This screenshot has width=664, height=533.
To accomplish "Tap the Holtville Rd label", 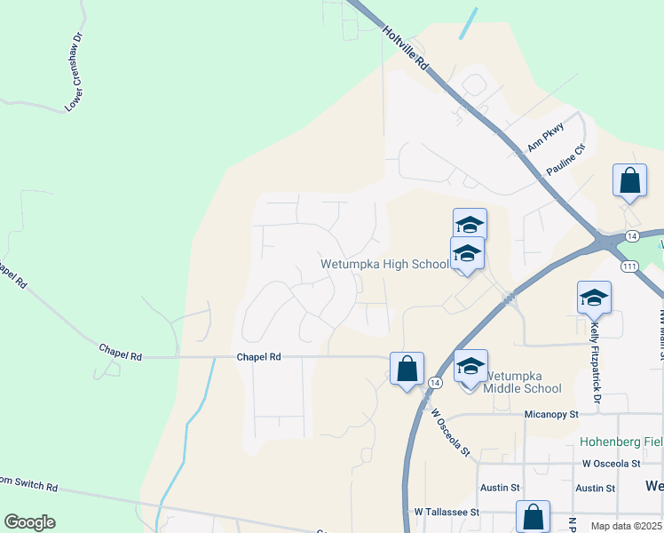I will tap(407, 48).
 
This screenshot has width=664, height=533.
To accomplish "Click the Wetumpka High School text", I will tap(384, 264).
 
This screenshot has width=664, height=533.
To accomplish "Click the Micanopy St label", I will tap(550, 414).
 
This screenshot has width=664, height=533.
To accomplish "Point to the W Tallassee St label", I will tap(447, 513).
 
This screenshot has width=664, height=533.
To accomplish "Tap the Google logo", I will tap(29, 522).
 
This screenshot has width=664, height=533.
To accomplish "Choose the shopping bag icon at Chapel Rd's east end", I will tap(407, 369).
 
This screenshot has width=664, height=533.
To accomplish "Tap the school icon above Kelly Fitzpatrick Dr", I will tap(594, 298).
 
